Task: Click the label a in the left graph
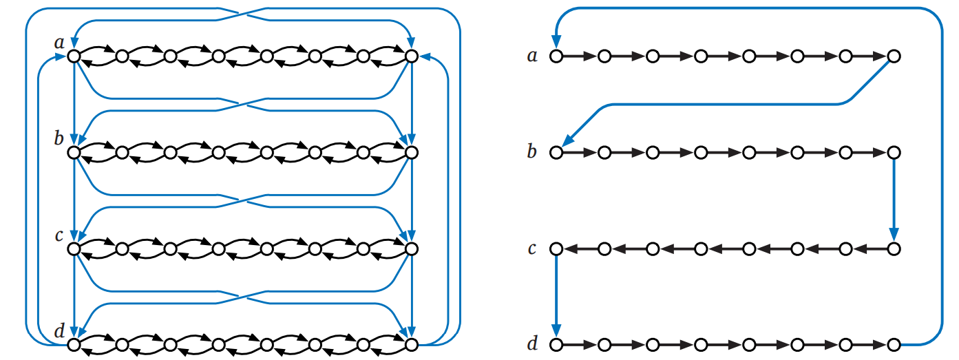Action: (x=59, y=43)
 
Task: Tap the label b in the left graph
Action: (x=59, y=139)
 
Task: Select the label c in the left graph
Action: (x=59, y=235)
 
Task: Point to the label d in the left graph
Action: (x=59, y=331)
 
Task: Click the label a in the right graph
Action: (x=531, y=55)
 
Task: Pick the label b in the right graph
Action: (x=531, y=151)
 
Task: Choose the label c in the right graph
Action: (x=531, y=248)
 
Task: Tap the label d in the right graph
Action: (x=531, y=343)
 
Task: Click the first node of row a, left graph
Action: (x=74, y=56)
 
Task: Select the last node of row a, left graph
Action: (x=411, y=56)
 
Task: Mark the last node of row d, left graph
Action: (x=411, y=343)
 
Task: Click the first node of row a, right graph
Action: (x=556, y=56)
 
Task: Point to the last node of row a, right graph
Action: (x=894, y=56)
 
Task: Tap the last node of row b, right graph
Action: (x=894, y=152)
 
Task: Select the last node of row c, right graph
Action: (x=894, y=248)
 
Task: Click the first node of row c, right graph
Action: (x=556, y=248)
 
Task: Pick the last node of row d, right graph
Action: (x=894, y=343)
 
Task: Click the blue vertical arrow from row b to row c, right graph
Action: (x=894, y=200)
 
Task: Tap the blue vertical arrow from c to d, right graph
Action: (x=556, y=296)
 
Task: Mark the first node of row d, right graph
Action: (x=556, y=343)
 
